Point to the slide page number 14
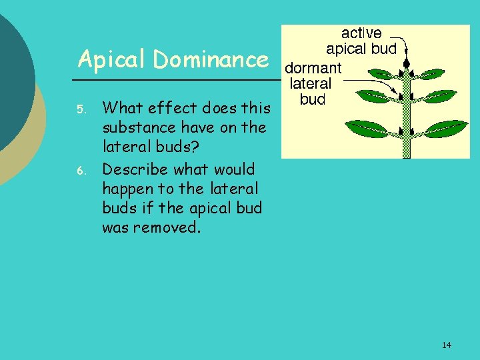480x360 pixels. coord(446,345)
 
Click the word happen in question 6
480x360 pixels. coord(130,189)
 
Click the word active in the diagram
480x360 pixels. coord(361,33)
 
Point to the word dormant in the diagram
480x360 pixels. coord(313,68)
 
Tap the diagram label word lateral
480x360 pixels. coord(310,83)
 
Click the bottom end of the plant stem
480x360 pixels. coord(406,154)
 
